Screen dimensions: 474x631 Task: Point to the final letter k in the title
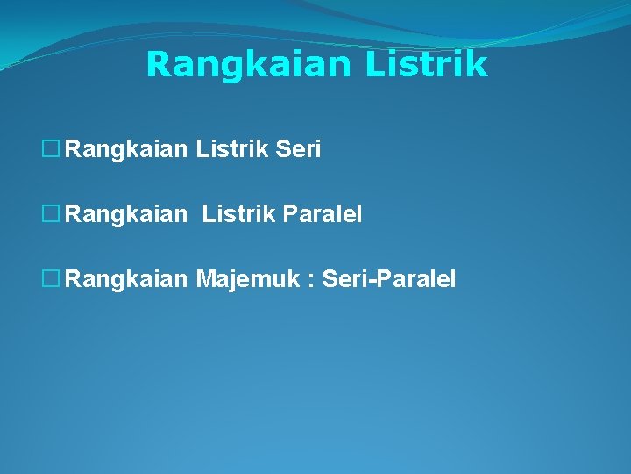(478, 64)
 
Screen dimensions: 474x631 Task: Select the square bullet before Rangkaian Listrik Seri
(52, 150)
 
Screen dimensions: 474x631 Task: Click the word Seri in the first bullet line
(298, 150)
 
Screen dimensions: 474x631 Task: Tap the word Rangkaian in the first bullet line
(127, 150)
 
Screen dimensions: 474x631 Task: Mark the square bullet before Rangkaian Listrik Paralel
(52, 214)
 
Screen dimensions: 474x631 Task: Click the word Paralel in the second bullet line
(323, 214)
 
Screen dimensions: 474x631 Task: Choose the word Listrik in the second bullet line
(238, 214)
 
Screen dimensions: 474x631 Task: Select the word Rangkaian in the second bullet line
(127, 214)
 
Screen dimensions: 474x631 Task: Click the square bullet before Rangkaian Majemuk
(52, 279)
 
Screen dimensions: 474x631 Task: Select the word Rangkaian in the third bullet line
(127, 279)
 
